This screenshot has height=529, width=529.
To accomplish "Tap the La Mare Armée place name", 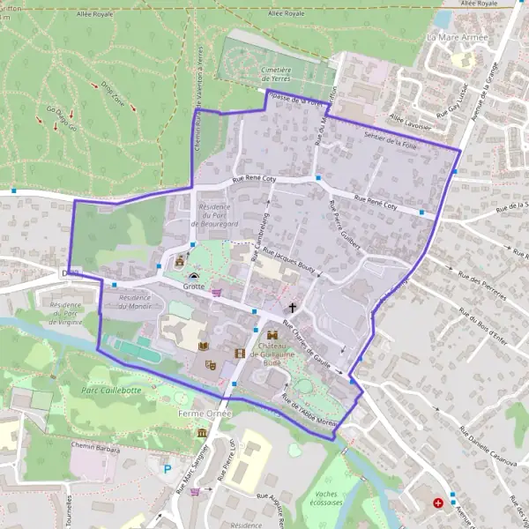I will (x=457, y=38).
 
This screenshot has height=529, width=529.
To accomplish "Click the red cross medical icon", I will (x=438, y=503).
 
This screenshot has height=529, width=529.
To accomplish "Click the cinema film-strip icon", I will (x=239, y=354).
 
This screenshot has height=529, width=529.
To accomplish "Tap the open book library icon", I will (x=204, y=346).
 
